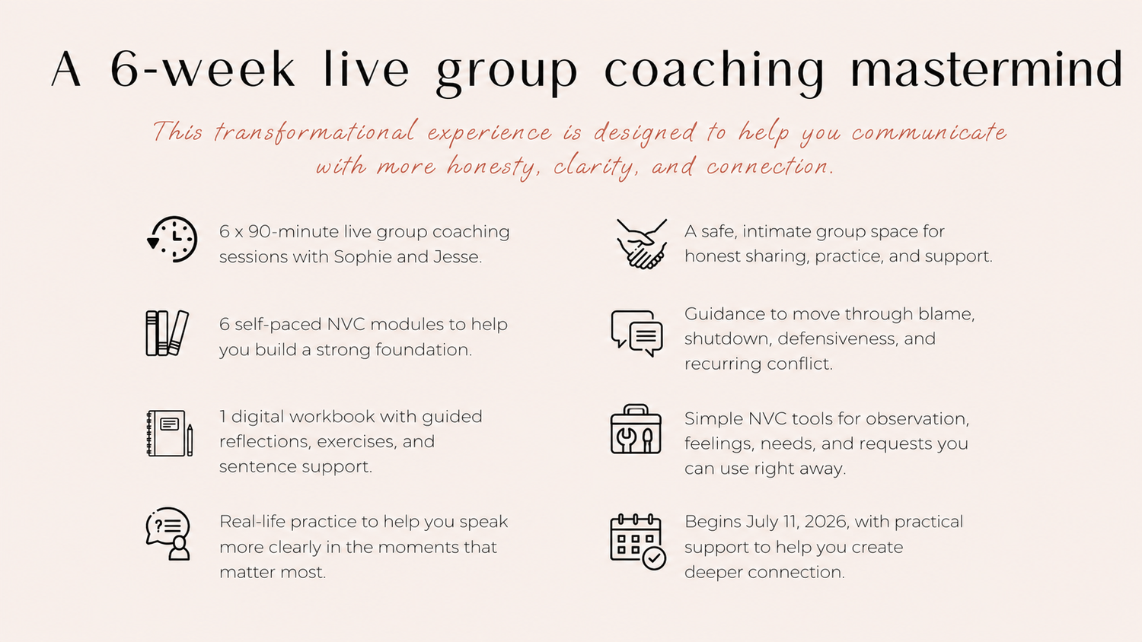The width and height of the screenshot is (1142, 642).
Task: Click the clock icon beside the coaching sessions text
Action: pos(172,239)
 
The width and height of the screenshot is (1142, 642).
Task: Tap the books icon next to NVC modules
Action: pos(167,333)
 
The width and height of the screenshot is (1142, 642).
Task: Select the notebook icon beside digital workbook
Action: pos(169,433)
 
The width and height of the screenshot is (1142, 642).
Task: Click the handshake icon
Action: pos(641,243)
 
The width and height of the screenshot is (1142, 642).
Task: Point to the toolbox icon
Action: pos(636,429)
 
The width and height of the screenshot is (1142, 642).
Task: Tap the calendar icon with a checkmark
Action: pos(638,542)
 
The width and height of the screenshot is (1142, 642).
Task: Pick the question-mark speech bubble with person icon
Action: pos(168,534)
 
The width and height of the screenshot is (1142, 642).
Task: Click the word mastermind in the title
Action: pos(987,68)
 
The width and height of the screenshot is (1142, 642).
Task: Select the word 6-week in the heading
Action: pos(203,68)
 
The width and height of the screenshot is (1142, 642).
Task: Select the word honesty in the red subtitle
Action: pos(493,167)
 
